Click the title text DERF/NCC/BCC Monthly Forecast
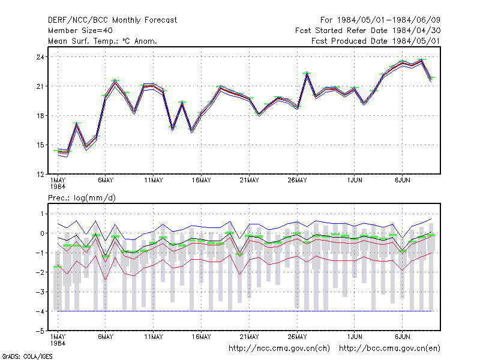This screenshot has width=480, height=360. tap(112, 20)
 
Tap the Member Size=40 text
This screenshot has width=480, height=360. tap(80, 31)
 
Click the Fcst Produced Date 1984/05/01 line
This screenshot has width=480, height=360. tap(376, 41)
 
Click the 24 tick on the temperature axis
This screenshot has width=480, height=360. tap(40, 57)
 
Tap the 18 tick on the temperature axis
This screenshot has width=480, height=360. tap(40, 116)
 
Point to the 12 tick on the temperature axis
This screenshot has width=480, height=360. tap(40, 175)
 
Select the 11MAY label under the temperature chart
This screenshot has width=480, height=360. tap(154, 181)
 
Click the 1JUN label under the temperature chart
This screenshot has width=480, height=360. tap(355, 181)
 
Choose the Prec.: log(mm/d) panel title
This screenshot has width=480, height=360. tap(82, 198)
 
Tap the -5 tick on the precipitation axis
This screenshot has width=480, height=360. tap(40, 331)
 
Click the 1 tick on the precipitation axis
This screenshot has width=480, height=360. tap(42, 214)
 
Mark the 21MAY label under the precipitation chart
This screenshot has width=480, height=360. tap(249, 337)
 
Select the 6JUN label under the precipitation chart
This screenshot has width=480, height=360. tap(402, 337)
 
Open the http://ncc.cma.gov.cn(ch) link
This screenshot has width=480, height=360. tap(279, 349)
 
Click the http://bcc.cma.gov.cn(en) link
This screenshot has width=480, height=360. tap(389, 349)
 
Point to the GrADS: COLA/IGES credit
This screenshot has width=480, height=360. tap(27, 356)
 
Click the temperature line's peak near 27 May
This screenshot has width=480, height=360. tap(307, 73)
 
